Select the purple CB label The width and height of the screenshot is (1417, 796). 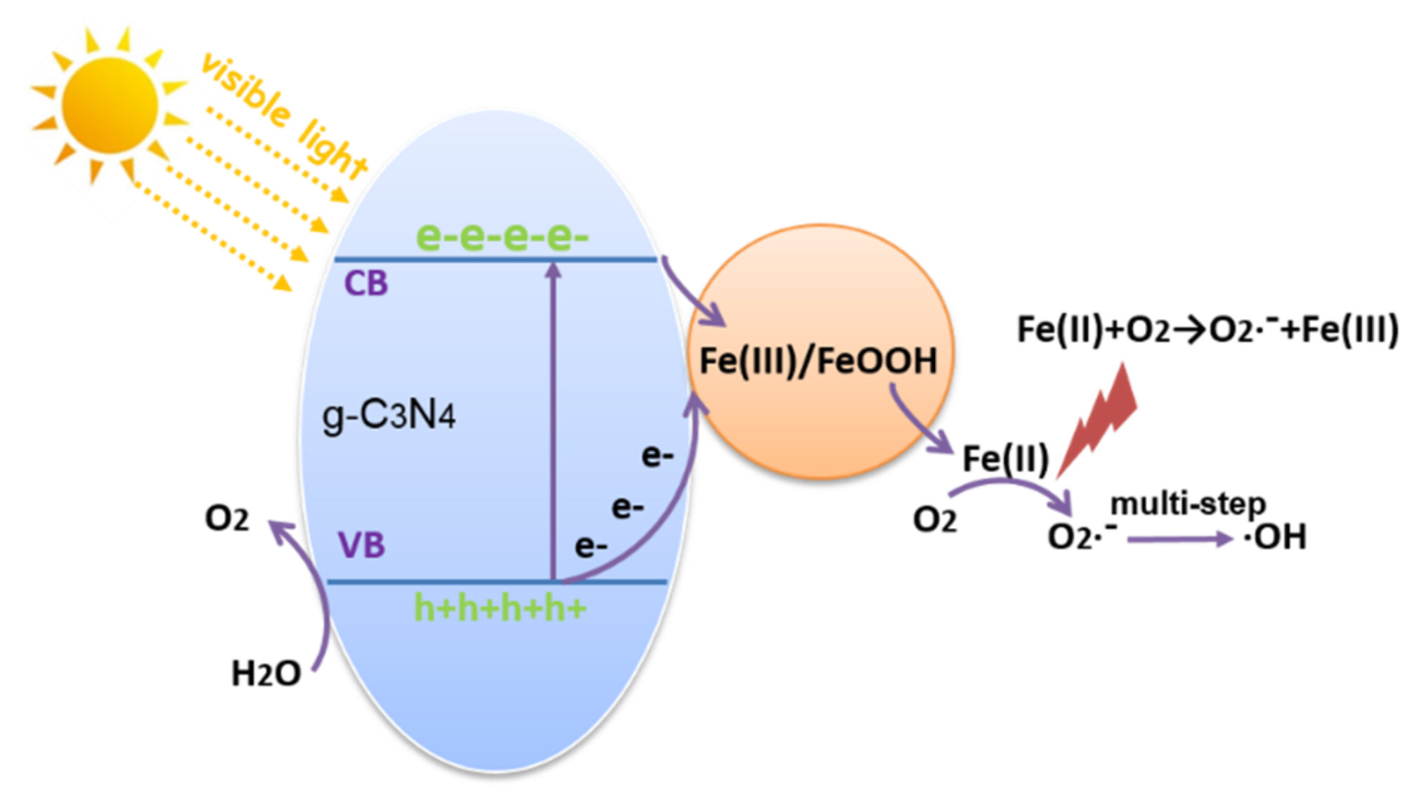365,283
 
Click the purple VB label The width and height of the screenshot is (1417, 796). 362,545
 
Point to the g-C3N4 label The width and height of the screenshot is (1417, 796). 389,415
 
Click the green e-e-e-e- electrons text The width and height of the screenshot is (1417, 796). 502,236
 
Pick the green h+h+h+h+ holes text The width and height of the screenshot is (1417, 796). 500,608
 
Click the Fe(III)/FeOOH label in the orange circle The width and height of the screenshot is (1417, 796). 819,361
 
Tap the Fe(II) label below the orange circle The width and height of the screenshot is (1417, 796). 1005,459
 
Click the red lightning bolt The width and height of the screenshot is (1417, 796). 1100,418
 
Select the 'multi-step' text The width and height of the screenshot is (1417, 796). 1188,503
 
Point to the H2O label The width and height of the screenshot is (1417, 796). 266,674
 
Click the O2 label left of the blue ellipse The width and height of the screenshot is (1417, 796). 226,518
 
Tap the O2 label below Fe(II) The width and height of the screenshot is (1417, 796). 934,520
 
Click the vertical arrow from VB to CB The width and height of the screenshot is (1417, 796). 553,422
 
